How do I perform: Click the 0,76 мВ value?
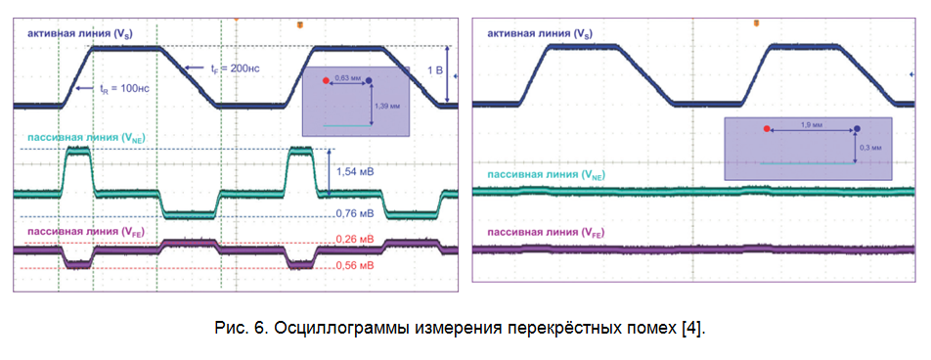(x=355, y=212)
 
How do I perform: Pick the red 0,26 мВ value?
(x=355, y=240)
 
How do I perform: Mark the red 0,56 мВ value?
(x=355, y=265)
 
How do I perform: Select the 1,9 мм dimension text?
(x=810, y=125)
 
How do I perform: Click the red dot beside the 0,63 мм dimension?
(x=326, y=82)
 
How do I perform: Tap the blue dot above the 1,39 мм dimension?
(x=369, y=82)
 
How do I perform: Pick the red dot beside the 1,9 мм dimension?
(x=767, y=128)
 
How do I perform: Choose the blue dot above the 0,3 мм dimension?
(x=857, y=128)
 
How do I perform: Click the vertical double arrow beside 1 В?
(x=447, y=73)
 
